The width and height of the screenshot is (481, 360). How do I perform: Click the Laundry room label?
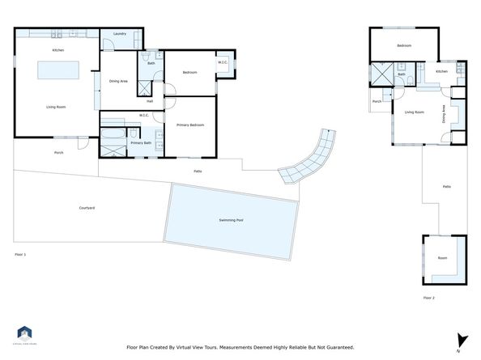[119, 34]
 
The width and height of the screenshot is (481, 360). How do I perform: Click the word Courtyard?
[87, 208]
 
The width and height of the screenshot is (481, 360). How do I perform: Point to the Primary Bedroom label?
[191, 125]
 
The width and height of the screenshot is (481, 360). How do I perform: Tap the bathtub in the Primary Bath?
[113, 131]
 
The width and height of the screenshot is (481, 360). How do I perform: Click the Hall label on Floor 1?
[150, 101]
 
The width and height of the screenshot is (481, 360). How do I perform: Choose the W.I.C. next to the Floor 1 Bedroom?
[223, 62]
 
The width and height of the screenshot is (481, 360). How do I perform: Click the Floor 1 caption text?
[21, 254]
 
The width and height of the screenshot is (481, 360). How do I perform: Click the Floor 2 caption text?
[429, 298]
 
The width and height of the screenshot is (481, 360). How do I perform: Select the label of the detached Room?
[442, 258]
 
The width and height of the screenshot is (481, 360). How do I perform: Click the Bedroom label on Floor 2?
[404, 46]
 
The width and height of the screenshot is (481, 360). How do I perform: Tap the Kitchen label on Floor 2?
[441, 71]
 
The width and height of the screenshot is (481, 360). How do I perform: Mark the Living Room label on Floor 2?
[415, 112]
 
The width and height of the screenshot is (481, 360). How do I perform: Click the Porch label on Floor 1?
[58, 152]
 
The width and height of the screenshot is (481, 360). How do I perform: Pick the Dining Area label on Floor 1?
[118, 80]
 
